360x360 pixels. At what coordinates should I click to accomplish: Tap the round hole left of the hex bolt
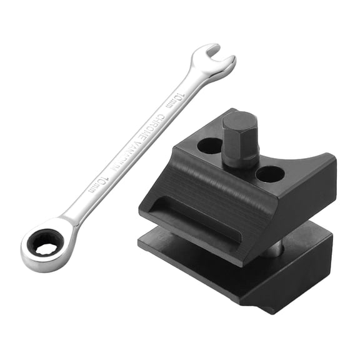(209, 146)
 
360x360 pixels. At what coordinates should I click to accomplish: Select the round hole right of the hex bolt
(270, 174)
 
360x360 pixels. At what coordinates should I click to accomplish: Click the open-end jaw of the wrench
(214, 61)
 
